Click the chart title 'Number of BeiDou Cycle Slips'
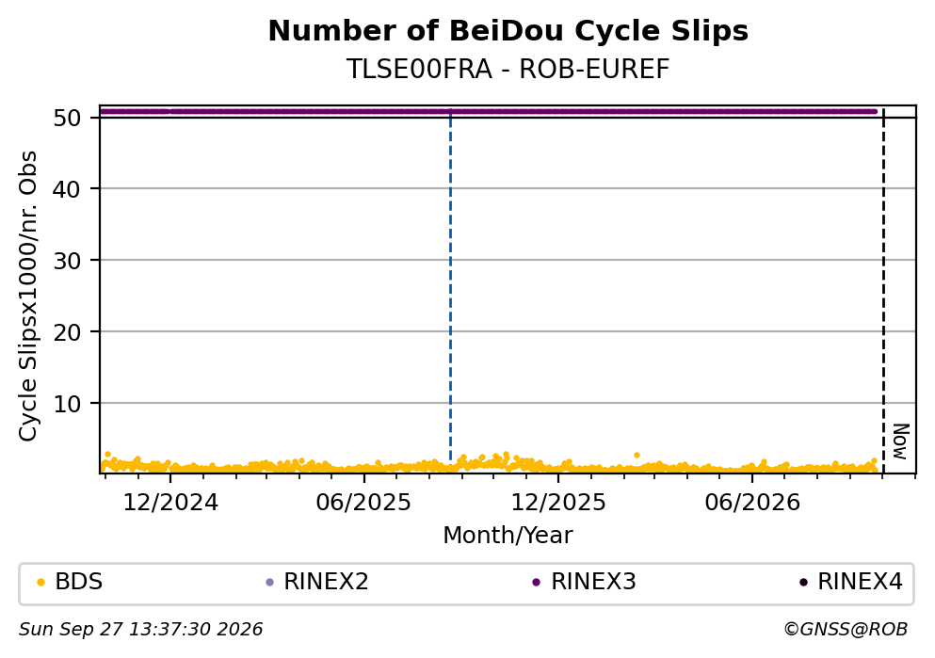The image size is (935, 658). coord(508,31)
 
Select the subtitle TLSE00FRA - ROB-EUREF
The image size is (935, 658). coord(508,70)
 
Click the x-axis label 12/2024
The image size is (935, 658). coord(170,503)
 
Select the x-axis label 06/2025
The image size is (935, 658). coord(363,503)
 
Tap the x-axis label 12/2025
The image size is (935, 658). coord(558,503)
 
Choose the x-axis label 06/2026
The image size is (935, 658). coord(752,503)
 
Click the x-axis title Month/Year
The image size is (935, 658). coord(508,536)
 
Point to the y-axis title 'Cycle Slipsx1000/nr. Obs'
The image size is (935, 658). coord(27,297)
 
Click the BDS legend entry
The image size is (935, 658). coord(70,582)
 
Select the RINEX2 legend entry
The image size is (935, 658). coord(317,582)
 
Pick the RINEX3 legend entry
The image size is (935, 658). coord(585,582)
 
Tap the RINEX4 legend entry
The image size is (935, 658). coord(851,582)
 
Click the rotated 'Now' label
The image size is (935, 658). coord(901,441)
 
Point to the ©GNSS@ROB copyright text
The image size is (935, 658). coord(846,630)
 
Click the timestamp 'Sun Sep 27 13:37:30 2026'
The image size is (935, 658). coord(140,630)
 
